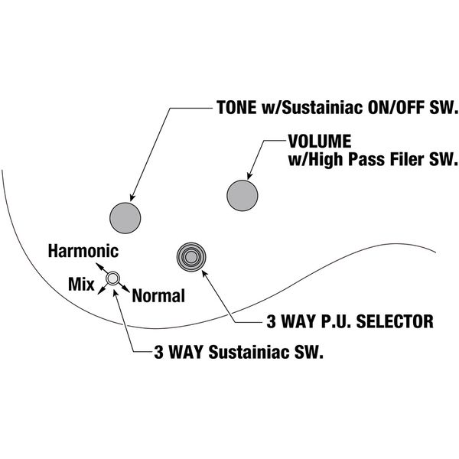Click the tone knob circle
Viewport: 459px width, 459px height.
click(x=125, y=218)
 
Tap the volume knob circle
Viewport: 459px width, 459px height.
click(x=243, y=196)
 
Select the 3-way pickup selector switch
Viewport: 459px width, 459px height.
click(x=191, y=257)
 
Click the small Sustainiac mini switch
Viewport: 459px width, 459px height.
click(x=112, y=278)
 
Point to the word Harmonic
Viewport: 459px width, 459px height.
click(x=83, y=251)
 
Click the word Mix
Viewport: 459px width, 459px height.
click(x=81, y=284)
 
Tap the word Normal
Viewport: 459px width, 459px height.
click(x=158, y=295)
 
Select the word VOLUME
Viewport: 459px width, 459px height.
click(x=320, y=141)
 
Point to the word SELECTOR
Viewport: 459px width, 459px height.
click(x=395, y=321)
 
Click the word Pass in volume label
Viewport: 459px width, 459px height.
click(x=366, y=159)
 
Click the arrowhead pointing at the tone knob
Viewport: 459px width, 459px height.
click(x=132, y=197)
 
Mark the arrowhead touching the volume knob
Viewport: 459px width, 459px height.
click(x=249, y=175)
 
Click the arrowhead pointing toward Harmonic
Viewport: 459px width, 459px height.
click(x=99, y=265)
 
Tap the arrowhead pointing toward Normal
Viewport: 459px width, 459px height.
click(x=126, y=289)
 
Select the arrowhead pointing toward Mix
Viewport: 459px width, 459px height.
click(x=100, y=291)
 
